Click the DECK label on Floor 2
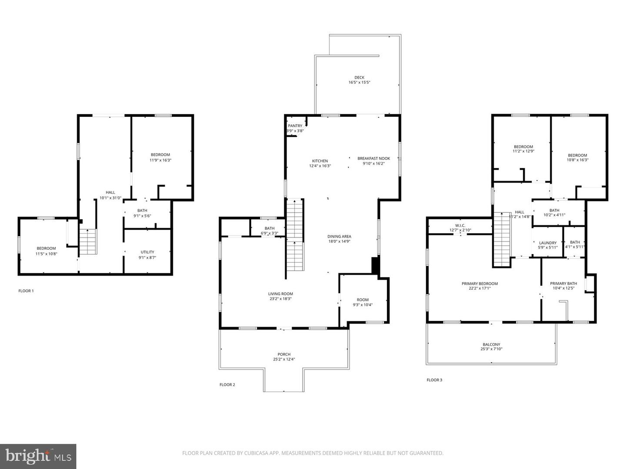(x=359, y=78)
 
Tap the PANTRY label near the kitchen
(x=295, y=126)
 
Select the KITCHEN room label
(x=320, y=161)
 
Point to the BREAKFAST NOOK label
(x=373, y=159)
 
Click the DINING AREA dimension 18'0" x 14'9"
(x=339, y=241)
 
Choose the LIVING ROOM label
(x=280, y=294)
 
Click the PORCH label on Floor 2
(x=284, y=354)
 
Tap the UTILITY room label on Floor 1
(x=147, y=252)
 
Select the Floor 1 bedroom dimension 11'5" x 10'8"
(x=46, y=254)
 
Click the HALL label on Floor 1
(x=110, y=192)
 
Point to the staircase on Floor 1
(x=88, y=242)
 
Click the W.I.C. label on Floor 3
(x=460, y=225)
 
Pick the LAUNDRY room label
(x=547, y=243)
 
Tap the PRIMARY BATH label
(x=563, y=284)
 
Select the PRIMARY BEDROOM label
(x=479, y=284)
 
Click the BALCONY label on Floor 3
(x=490, y=344)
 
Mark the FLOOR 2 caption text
(x=227, y=385)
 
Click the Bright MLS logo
(x=38, y=456)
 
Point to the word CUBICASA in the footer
(x=246, y=453)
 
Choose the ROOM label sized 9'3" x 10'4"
(x=363, y=300)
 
